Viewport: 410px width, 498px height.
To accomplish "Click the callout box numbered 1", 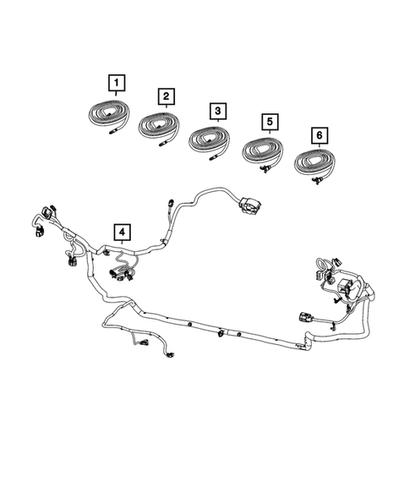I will (116, 83).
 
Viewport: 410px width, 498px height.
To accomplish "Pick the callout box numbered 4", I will (123, 230).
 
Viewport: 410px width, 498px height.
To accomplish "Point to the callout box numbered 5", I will (268, 123).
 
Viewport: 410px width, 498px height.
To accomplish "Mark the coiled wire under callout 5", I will (265, 153).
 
